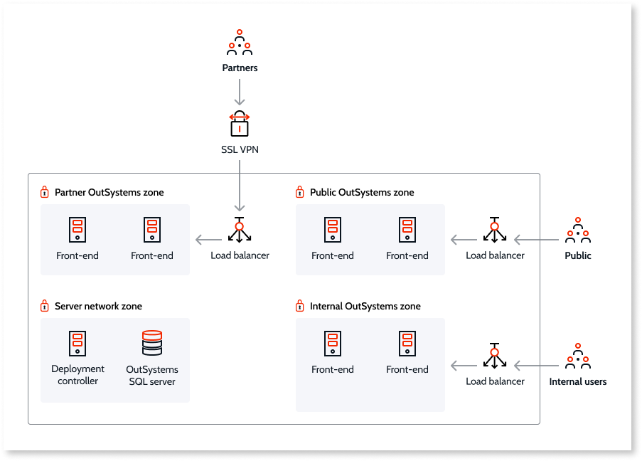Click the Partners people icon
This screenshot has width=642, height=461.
coord(240,43)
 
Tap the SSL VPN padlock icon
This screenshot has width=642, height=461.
coord(240,124)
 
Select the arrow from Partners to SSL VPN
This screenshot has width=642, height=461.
coord(240,92)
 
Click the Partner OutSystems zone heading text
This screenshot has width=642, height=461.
coord(109,192)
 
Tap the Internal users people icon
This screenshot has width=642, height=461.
coord(577,356)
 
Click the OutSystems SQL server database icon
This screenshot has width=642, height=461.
coord(152,343)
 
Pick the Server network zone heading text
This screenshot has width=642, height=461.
coord(98,306)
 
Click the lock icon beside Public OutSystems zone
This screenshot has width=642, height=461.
coord(300,192)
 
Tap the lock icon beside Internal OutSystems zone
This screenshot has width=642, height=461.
coord(300,306)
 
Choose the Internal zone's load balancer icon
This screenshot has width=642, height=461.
coord(495,356)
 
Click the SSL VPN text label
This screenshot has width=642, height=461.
coord(240,150)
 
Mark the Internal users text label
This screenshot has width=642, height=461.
coord(577,381)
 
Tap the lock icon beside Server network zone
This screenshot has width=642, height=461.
coord(45,306)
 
